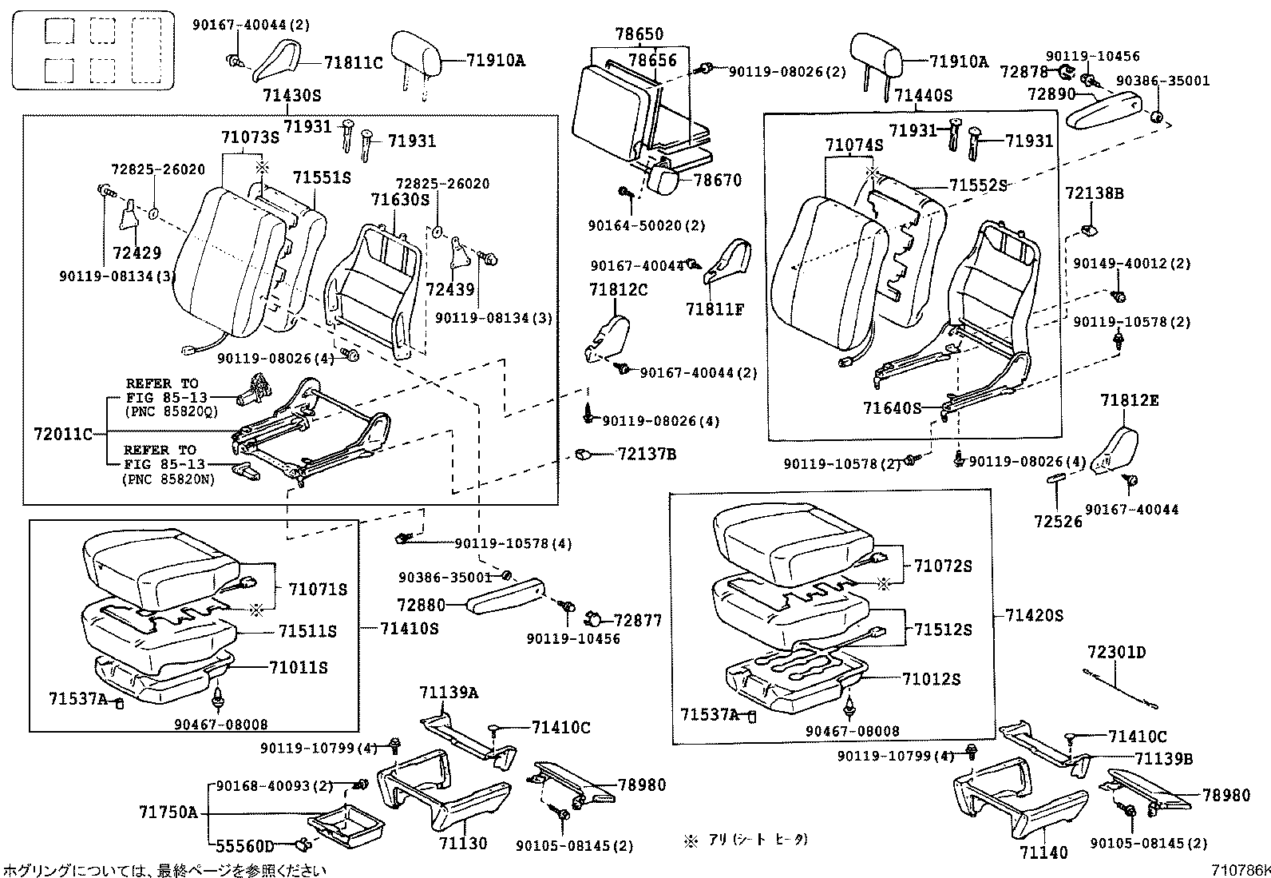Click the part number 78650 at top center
tap(639, 35)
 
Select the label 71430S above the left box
tap(291, 96)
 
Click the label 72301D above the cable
tap(1116, 653)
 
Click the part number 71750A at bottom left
tap(168, 812)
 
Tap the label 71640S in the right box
tap(892, 408)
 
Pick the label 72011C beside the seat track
tap(63, 435)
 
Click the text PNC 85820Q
tap(170, 411)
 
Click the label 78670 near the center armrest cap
tap(718, 181)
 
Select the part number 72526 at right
tap(1058, 521)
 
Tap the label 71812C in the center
tap(619, 289)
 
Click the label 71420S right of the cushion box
tap(1034, 615)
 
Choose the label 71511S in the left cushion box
tap(307, 631)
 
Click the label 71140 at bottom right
tap(1043, 852)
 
